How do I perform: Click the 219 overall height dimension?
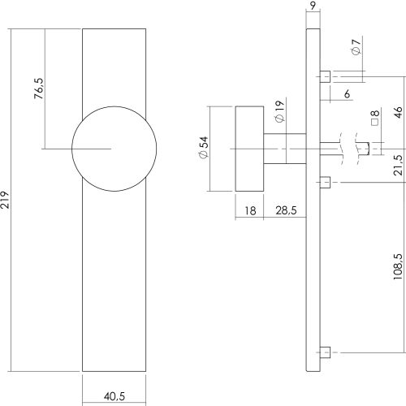(5, 200)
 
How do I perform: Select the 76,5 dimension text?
(39, 89)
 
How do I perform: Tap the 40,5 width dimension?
(114, 396)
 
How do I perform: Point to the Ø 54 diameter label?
(204, 148)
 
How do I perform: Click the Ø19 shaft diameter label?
(280, 111)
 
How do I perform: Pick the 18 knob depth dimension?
(250, 210)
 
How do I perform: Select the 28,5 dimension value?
(286, 210)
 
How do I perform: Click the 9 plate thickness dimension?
(313, 6)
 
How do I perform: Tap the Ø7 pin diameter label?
(356, 47)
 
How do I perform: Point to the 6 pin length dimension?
(347, 93)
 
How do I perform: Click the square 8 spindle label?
(375, 118)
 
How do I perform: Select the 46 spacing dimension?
(399, 112)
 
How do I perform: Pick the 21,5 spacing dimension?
(399, 165)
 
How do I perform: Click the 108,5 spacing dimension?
(399, 266)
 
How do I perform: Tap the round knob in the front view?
(114, 149)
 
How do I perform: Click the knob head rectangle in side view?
(249, 149)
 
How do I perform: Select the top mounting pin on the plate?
(325, 76)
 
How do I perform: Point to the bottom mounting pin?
(325, 352)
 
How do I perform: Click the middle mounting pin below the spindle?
(325, 182)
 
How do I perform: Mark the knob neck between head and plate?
(285, 149)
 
